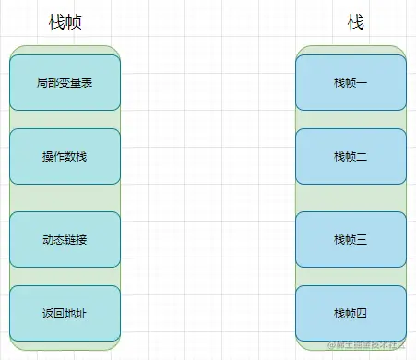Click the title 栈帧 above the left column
(x=65, y=23)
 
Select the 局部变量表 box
(x=65, y=83)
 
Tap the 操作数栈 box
(x=65, y=156)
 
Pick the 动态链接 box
(x=65, y=240)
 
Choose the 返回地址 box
(x=65, y=314)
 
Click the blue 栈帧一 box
(x=351, y=83)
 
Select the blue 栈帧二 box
(x=351, y=156)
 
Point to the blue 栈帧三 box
(x=351, y=240)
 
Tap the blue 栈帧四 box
(x=351, y=314)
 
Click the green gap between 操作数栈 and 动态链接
(x=65, y=198)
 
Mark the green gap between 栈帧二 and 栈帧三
(x=351, y=198)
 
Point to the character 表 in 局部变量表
(x=87, y=83)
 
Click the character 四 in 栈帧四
(x=362, y=314)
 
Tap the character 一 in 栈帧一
(x=362, y=83)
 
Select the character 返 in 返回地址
(x=48, y=314)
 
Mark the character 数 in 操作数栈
(x=70, y=156)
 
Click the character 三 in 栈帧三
(x=362, y=240)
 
